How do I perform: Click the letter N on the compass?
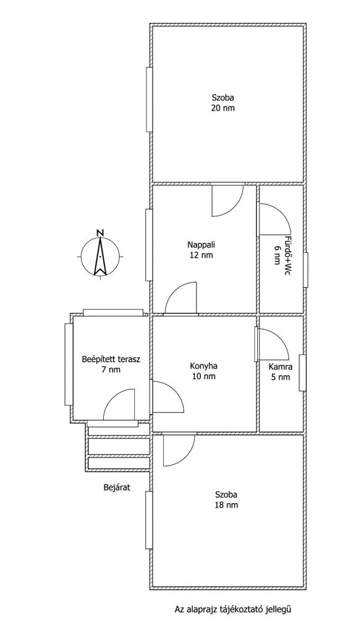click(x=100, y=232)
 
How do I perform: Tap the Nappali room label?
click(x=201, y=244)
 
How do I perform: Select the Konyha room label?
click(x=203, y=366)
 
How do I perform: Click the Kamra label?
click(x=281, y=367)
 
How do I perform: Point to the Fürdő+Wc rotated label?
click(x=287, y=255)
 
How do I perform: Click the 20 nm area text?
click(x=223, y=108)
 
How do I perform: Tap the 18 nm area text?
click(x=226, y=504)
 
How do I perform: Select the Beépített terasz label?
click(x=111, y=359)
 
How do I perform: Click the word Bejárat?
click(x=117, y=487)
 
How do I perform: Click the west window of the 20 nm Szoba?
click(x=150, y=99)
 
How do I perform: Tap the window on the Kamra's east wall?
click(x=302, y=373)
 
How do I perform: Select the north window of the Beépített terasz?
click(x=113, y=312)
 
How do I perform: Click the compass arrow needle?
click(x=100, y=254)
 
